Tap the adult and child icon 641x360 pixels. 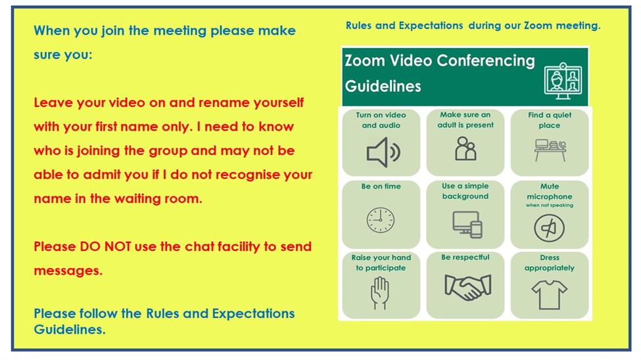coord(465,148)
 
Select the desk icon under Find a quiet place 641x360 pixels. coord(550,150)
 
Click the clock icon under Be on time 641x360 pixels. coord(381,220)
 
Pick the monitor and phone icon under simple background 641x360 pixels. coord(467,224)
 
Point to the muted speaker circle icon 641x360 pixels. coord(550,228)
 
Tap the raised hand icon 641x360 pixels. coord(380,293)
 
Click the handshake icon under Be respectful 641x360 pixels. coord(467,287)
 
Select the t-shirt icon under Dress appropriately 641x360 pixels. coord(550,294)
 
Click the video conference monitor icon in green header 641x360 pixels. coord(563,81)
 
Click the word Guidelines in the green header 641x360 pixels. coord(383,86)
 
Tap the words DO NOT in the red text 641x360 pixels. coord(105,247)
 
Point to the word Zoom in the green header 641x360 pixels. coord(365,60)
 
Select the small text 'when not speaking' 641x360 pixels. coord(550,205)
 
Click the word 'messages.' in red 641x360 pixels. coord(68,271)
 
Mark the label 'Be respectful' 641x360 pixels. coord(465,258)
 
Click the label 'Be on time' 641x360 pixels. coord(381,187)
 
